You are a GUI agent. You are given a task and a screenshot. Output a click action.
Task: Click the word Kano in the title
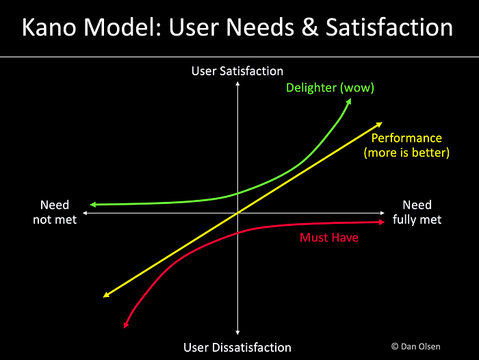[49, 27]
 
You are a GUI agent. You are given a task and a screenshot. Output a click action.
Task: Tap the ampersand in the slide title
[310, 27]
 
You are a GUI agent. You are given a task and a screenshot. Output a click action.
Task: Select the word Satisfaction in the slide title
[389, 27]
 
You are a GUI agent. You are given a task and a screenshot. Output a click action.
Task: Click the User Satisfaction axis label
[237, 71]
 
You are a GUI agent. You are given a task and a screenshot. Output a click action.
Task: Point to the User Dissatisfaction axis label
[237, 348]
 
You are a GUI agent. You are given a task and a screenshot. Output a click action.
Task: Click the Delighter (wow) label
[330, 88]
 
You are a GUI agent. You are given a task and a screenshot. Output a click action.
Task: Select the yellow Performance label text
[406, 145]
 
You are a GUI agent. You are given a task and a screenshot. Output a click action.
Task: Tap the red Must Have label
[329, 237]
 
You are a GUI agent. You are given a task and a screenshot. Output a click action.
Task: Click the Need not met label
[55, 212]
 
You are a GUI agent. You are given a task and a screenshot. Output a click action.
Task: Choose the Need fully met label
[417, 212]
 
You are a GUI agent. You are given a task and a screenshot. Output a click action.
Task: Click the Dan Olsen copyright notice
[416, 346]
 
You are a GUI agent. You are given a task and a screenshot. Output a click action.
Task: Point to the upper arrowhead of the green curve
[349, 101]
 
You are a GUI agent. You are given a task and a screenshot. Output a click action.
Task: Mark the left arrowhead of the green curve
[92, 205]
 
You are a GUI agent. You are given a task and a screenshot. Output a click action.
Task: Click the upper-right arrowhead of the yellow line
[380, 124]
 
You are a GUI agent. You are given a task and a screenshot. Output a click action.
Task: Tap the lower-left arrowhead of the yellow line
[105, 295]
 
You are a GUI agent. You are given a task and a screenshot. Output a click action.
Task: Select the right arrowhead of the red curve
[383, 222]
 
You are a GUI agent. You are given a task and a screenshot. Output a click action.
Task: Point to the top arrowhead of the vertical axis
[237, 83]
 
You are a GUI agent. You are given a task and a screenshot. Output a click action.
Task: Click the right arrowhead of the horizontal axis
[383, 213]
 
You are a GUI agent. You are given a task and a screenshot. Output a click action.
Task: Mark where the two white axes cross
[237, 213]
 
